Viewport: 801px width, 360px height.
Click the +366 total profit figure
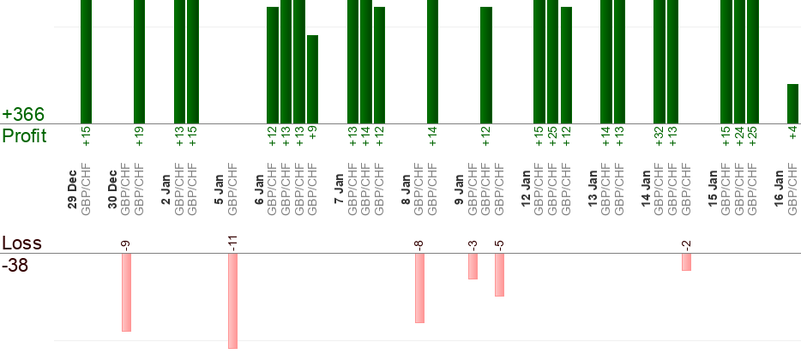(x=22, y=114)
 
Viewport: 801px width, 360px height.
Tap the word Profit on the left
(x=25, y=135)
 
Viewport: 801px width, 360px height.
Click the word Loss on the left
(x=21, y=243)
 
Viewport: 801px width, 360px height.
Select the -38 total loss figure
(x=15, y=266)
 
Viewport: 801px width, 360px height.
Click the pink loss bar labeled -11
(x=232, y=300)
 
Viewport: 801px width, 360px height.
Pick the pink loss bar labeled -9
(x=126, y=291)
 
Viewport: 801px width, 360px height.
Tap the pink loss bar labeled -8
(x=419, y=287)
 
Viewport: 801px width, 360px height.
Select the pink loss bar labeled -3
(x=473, y=266)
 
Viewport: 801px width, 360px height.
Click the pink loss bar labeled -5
(x=499, y=274)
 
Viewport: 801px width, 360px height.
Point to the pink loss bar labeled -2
(x=686, y=261)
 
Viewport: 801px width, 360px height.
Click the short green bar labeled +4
(x=792, y=103)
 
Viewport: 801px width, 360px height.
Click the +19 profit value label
(x=139, y=135)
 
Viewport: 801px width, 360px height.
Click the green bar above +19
(x=139, y=60)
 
